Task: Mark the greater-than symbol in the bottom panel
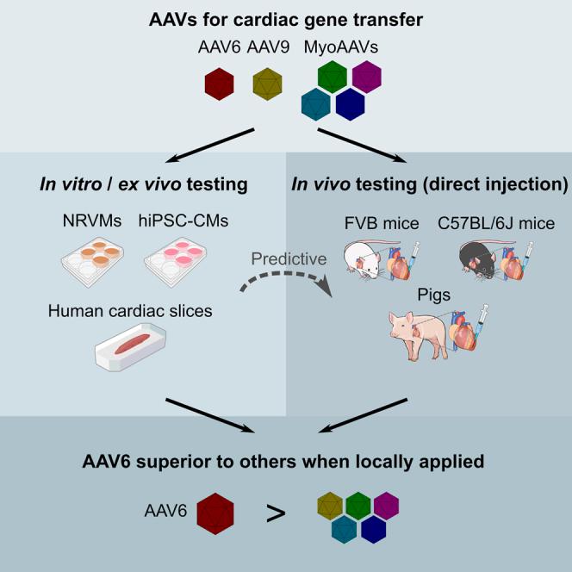(x=276, y=515)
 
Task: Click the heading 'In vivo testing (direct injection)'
(x=431, y=183)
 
